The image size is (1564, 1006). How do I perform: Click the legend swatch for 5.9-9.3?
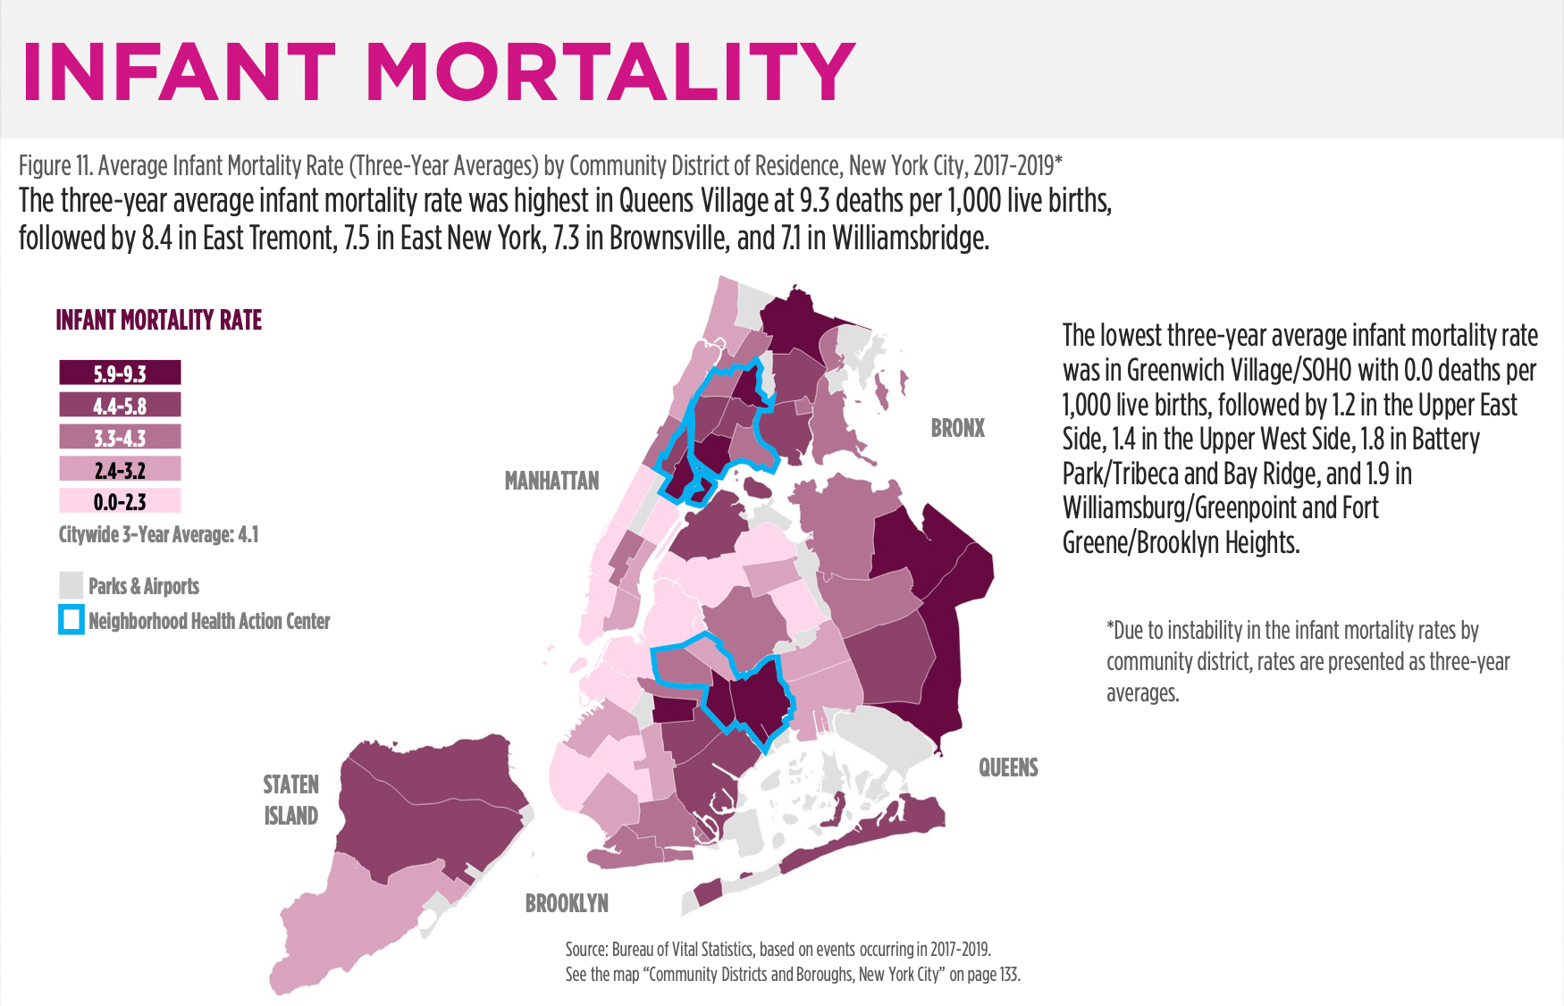(120, 373)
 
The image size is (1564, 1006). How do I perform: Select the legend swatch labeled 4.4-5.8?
(120, 405)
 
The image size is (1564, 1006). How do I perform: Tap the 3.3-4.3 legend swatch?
(120, 437)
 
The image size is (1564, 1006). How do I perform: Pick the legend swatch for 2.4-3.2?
(120, 469)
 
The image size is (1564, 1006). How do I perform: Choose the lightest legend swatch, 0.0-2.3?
(120, 501)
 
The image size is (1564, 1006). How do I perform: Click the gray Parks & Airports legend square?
(71, 585)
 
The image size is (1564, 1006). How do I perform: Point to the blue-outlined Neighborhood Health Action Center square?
(71, 620)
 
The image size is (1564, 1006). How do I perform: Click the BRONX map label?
(957, 428)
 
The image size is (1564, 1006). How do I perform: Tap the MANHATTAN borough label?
(551, 481)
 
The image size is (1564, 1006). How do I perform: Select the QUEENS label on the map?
(1008, 767)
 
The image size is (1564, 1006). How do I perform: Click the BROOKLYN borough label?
(567, 903)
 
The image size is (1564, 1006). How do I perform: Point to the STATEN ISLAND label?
(290, 800)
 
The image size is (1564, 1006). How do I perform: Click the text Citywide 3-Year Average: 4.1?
(158, 534)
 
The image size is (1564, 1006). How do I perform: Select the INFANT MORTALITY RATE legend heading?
(158, 320)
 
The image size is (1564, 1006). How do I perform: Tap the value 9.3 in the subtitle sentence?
(815, 201)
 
